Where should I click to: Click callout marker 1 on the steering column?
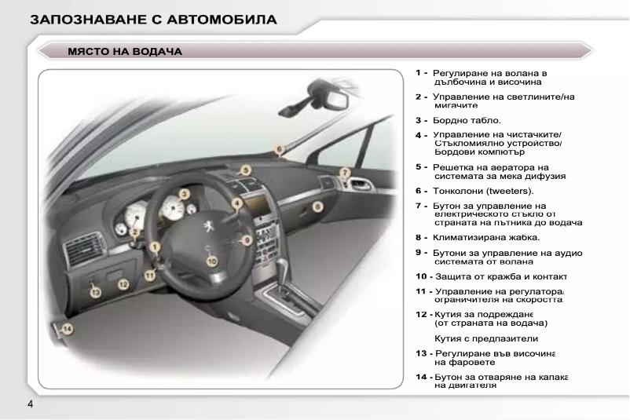pyautogui.click(x=156, y=247)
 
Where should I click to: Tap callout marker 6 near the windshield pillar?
pyautogui.click(x=279, y=148)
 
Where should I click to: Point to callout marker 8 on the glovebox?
pyautogui.click(x=317, y=206)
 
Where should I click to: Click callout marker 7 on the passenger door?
pyautogui.click(x=344, y=172)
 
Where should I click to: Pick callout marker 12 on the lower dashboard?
pyautogui.click(x=96, y=291)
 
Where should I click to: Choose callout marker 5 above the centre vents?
pyautogui.click(x=246, y=169)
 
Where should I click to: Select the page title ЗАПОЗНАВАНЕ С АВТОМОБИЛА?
pyautogui.click(x=153, y=20)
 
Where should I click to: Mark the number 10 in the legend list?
pyautogui.click(x=422, y=276)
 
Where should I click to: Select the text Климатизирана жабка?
pyautogui.click(x=486, y=236)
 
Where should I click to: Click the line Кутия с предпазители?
pyautogui.click(x=486, y=338)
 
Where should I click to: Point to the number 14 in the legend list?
pyautogui.click(x=422, y=378)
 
